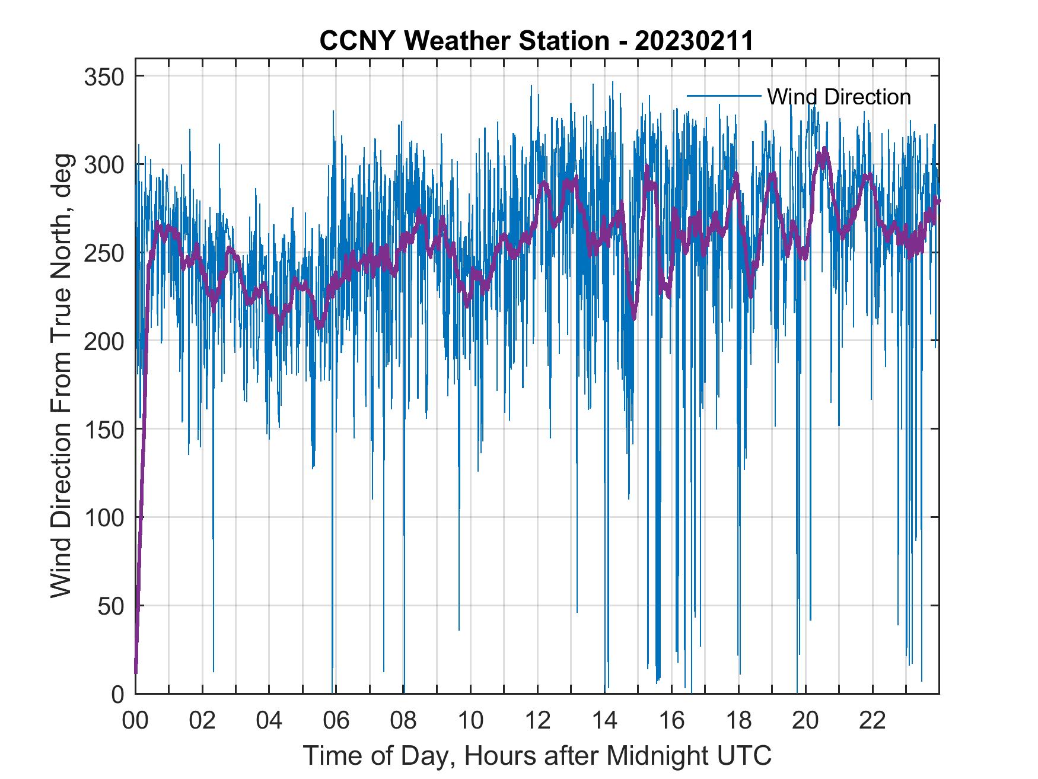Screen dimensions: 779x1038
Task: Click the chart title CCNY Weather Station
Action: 464,42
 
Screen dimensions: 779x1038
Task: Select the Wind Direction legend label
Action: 839,97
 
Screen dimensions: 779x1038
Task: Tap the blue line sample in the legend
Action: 724,96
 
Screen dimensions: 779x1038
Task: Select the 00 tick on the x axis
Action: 135,721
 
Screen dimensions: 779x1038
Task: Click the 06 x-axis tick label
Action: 336,721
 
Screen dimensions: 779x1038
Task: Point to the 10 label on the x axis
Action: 470,721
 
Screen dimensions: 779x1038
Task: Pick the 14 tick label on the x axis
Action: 604,721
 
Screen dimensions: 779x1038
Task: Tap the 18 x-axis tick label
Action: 738,721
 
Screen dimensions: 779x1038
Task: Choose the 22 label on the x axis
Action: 873,721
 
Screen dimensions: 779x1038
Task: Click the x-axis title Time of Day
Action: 537,756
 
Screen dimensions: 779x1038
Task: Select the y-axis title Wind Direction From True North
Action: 61,376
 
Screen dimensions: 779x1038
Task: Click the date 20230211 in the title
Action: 694,42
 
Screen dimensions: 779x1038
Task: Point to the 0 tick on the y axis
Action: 119,694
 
